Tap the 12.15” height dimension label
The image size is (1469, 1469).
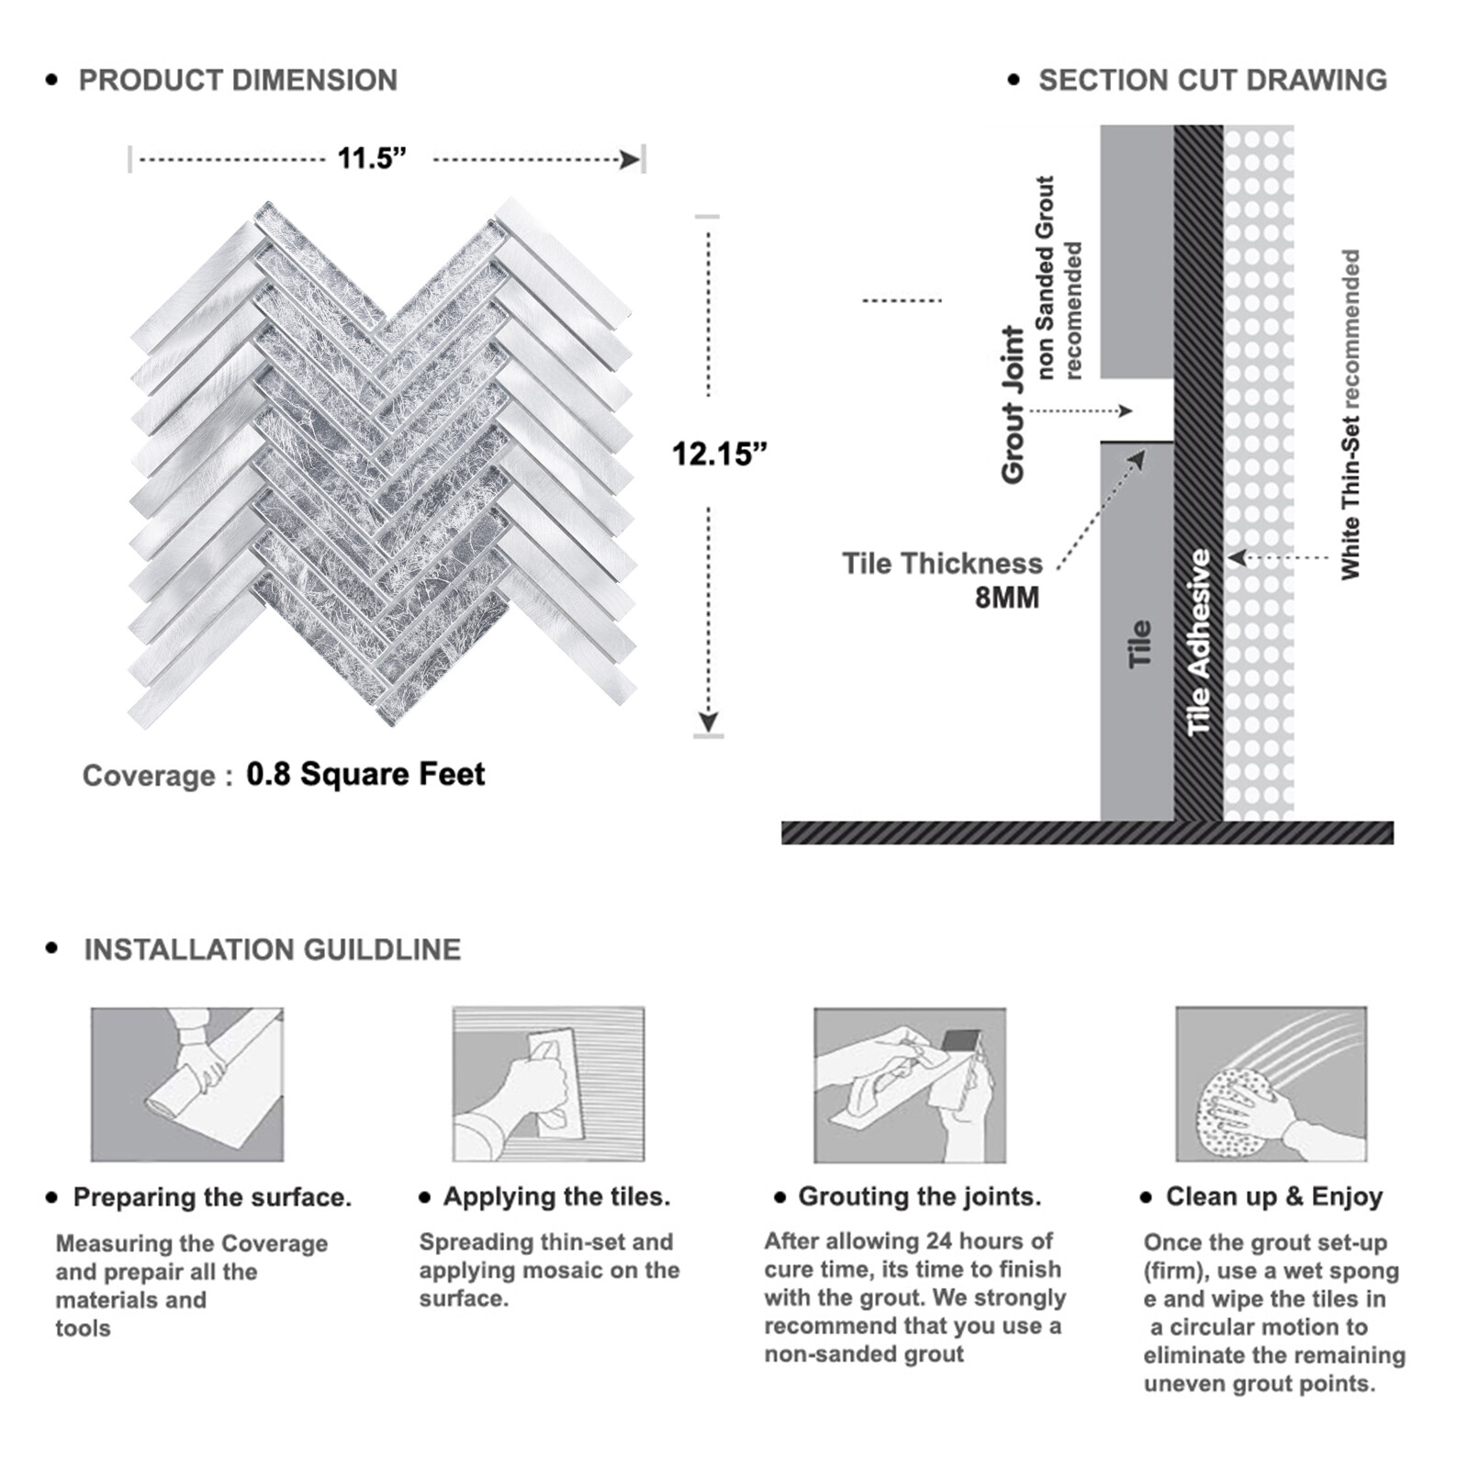[719, 454]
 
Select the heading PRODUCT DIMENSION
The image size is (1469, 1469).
[238, 81]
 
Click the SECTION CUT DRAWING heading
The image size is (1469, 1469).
[1212, 81]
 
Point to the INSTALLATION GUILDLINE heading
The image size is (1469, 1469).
[272, 949]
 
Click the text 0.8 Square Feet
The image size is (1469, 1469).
[365, 774]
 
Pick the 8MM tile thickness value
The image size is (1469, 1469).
[1006, 598]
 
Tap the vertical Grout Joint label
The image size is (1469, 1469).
[1013, 404]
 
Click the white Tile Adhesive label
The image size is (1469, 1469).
[1199, 642]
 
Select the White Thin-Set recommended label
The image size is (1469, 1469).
[1350, 414]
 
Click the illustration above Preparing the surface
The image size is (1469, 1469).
[187, 1084]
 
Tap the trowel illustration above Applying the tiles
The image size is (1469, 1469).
[548, 1084]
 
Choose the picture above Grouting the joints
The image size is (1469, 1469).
[909, 1084]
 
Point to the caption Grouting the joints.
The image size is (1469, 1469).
[919, 1196]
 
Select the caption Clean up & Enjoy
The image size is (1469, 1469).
[1273, 1196]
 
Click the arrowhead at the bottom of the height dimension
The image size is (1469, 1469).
[708, 722]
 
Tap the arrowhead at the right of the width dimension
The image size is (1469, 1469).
[630, 161]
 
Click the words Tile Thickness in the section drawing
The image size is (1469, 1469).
[942, 563]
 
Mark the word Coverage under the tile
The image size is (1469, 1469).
[149, 776]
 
